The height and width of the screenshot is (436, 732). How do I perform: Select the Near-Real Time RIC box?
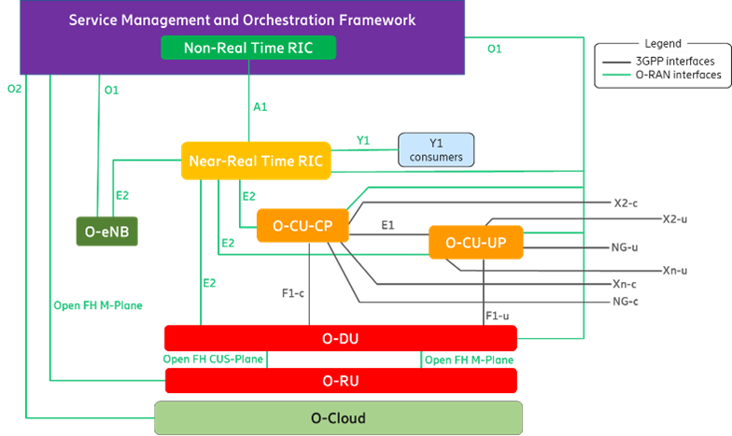255,161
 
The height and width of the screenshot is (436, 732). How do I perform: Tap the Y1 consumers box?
436,150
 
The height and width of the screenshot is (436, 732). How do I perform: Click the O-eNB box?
106,231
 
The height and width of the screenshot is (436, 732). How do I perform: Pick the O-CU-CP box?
302,226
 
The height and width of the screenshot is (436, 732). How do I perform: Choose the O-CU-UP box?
475,243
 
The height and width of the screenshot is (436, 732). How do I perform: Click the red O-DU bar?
340,338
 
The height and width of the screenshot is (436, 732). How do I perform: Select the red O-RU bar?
340,381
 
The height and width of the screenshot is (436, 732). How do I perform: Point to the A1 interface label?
260,106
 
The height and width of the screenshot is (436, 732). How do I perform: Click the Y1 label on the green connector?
363,141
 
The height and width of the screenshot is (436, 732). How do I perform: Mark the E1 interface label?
387,225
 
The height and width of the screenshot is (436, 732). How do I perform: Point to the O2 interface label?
14,89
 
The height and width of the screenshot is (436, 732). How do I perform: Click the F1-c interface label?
293,292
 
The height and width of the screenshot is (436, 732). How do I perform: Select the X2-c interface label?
626,202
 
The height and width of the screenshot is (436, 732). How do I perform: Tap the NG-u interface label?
624,247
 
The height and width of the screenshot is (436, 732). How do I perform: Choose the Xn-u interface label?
675,271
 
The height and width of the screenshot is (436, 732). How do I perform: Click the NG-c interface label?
625,302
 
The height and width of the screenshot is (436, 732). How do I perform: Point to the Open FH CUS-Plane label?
212,359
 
